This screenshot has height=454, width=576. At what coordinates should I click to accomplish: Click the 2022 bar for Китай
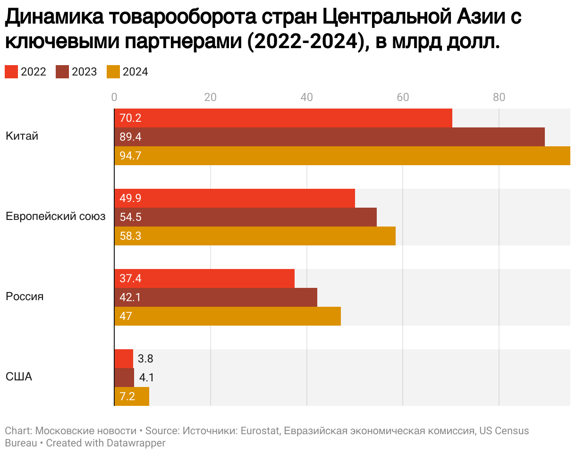tap(283, 118)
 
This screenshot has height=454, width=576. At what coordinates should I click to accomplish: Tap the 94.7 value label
tap(130, 156)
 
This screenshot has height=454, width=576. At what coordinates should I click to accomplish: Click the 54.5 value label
tap(130, 217)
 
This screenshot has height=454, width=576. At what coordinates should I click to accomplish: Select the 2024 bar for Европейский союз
tap(255, 236)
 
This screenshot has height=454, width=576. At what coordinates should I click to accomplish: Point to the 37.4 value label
tap(130, 278)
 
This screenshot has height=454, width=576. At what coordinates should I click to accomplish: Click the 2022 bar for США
tap(124, 359)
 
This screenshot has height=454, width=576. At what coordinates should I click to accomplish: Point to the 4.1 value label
tap(147, 378)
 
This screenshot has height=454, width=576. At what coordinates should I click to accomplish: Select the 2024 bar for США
tap(132, 396)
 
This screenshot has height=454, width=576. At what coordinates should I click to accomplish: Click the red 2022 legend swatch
tap(11, 72)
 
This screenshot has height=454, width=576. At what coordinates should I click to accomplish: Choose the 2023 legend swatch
tap(62, 72)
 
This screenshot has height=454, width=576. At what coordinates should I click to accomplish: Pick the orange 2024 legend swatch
tap(113, 72)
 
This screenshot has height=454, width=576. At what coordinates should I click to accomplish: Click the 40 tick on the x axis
tap(306, 98)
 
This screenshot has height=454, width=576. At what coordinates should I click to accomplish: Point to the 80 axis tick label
tap(499, 98)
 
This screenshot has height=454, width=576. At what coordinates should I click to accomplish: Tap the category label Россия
tap(25, 297)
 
